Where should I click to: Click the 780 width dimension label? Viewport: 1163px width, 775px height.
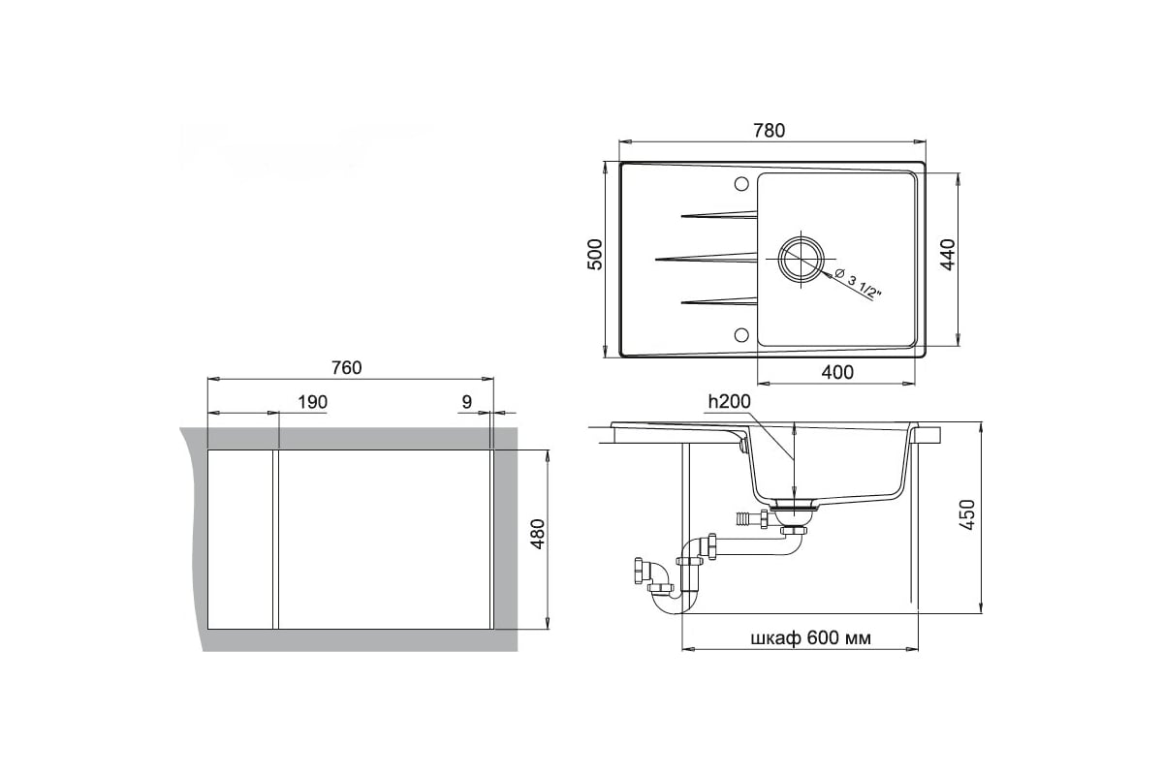[770, 130]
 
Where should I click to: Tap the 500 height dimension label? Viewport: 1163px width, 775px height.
[594, 255]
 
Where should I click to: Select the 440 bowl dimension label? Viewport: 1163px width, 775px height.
[948, 255]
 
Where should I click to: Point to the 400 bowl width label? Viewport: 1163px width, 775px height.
[837, 372]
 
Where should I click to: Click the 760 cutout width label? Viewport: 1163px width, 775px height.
[346, 367]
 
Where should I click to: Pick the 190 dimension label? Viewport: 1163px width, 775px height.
[312, 402]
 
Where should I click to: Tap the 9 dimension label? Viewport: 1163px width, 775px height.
[467, 402]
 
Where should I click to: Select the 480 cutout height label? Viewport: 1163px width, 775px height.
[538, 534]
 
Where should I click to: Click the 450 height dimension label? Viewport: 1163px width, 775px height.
[968, 515]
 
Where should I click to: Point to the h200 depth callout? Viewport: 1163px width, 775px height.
[729, 401]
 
